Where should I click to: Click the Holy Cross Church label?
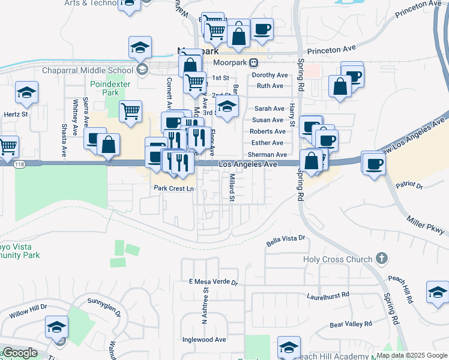[337, 260]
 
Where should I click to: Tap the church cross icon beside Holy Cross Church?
[380, 259]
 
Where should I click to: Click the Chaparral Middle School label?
[87, 70]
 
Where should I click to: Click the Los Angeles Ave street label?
[248, 164]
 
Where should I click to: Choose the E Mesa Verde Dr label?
[214, 281]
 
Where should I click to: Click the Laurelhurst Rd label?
[328, 295]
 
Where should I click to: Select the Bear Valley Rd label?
[351, 325]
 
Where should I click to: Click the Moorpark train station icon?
[255, 62]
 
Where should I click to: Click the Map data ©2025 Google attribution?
[412, 356]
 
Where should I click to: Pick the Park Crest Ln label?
[174, 188]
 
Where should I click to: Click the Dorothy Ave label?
[270, 75]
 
